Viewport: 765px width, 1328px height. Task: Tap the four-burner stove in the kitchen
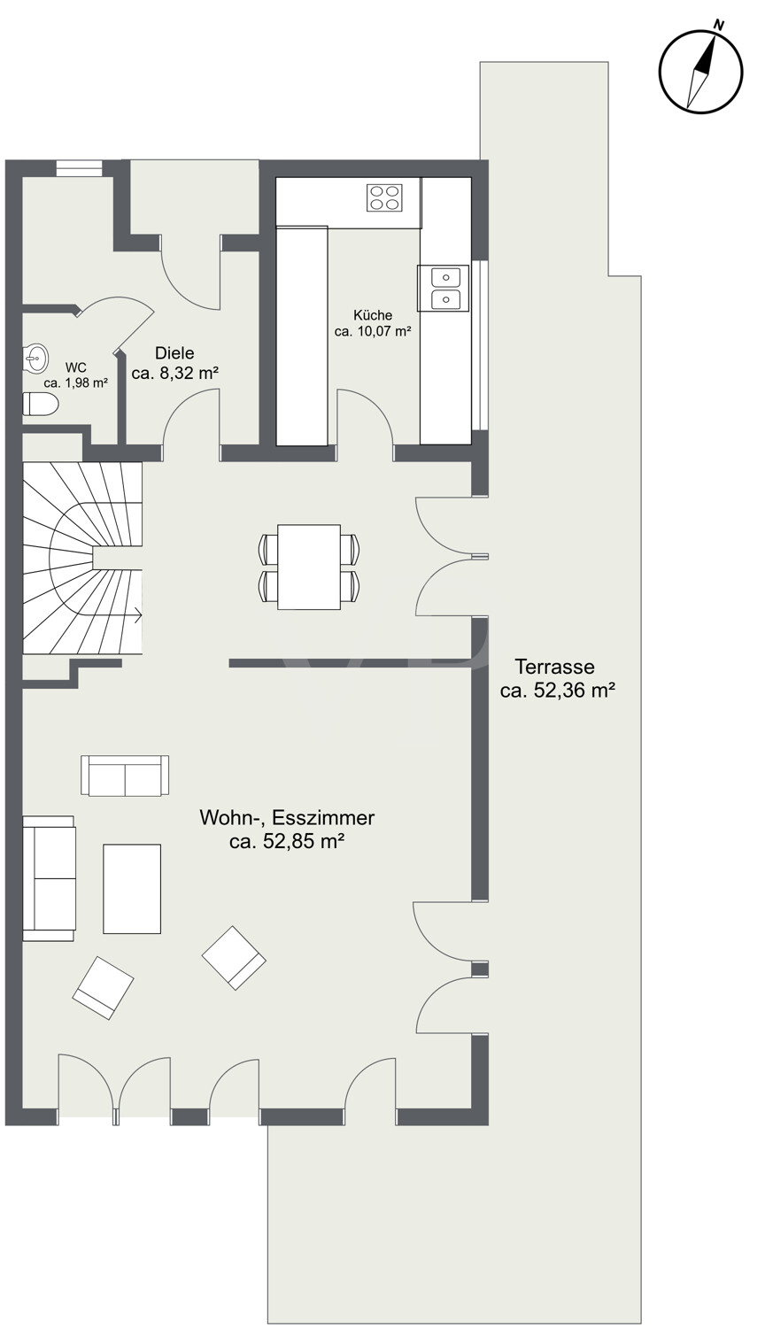pos(384,197)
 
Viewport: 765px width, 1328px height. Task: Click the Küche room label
pos(373,315)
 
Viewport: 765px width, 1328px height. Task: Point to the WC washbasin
pos(34,358)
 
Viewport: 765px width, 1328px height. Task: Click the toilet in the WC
pos(41,405)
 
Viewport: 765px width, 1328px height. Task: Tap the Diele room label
pos(174,352)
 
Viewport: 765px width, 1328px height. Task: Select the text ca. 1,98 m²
pos(76,383)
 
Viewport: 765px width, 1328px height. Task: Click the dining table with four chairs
pos(309,567)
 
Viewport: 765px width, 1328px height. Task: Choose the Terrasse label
pos(554,667)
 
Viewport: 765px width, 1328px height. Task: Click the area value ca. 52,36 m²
pos(557,691)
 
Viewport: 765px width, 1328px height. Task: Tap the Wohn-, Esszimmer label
pos(287,817)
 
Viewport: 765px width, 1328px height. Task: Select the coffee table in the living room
pos(132,889)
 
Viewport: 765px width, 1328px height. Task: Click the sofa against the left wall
pos(50,878)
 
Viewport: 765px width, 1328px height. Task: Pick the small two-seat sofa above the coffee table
pos(125,776)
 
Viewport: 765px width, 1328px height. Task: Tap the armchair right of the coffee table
pos(234,957)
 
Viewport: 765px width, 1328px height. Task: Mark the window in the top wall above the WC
pos(79,168)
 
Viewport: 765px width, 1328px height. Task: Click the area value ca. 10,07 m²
pos(373,331)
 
